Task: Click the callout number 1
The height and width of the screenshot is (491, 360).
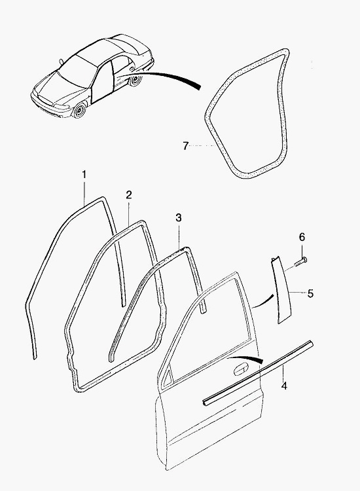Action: (x=84, y=174)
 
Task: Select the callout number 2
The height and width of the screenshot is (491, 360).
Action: (x=129, y=195)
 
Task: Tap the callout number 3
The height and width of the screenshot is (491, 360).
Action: (x=179, y=217)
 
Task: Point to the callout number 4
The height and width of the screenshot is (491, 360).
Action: (x=284, y=386)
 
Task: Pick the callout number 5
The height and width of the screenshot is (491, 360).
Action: (x=310, y=294)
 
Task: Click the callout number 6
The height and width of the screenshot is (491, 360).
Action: (x=302, y=237)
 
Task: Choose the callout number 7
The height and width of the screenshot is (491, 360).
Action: (x=186, y=145)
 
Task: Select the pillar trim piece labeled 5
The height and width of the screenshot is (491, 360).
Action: (x=281, y=289)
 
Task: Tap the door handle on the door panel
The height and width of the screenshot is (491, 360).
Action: (x=241, y=369)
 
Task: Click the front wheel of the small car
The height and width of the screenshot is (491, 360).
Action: (x=79, y=111)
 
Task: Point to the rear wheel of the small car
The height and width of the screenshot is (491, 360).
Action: (x=135, y=80)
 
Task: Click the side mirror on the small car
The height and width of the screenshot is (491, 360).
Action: (x=61, y=61)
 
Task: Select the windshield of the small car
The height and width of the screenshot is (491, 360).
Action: (x=77, y=71)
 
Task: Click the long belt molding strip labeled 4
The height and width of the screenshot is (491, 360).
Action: (x=258, y=373)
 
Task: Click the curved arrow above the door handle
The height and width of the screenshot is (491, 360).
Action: (x=246, y=359)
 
